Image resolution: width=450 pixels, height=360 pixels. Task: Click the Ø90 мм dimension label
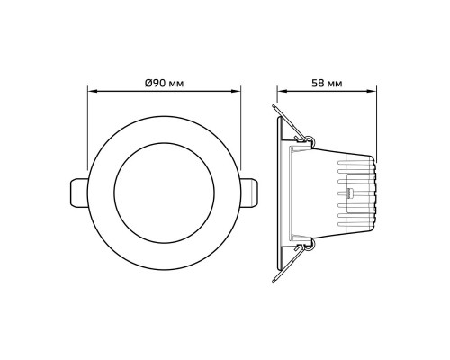point(164,83)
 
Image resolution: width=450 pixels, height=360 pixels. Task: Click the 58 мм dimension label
point(327,83)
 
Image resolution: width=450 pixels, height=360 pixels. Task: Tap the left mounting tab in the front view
point(79,193)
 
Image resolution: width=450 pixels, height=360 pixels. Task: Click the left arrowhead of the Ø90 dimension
point(92,92)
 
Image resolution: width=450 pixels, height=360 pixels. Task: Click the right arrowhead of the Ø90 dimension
point(237,92)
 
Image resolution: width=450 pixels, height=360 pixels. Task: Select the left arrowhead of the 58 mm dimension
point(282,92)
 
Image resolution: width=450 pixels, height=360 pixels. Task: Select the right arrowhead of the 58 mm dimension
point(373,92)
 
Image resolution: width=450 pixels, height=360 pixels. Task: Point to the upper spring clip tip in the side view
point(274,106)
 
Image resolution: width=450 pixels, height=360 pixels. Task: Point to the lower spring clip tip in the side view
point(274,281)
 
